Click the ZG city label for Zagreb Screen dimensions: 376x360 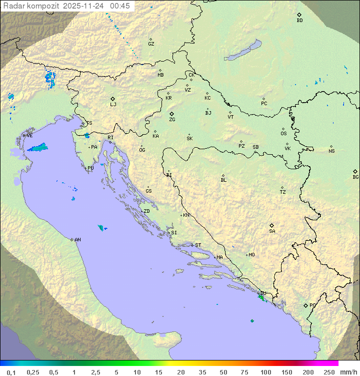172,120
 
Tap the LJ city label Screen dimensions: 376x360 113,105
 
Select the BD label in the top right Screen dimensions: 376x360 299,21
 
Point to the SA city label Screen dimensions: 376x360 272,231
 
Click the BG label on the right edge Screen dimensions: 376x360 355,177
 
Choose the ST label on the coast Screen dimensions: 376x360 198,245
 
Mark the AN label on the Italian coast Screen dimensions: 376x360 77,240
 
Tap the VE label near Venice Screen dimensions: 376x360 30,136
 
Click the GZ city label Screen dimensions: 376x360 151,44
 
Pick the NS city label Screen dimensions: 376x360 331,151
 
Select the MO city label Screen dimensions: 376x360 251,255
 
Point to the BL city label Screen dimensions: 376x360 223,180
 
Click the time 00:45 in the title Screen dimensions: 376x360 120,6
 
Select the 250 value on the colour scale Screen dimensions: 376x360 328,372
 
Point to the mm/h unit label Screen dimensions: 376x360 348,372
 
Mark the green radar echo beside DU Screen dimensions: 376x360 260,297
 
